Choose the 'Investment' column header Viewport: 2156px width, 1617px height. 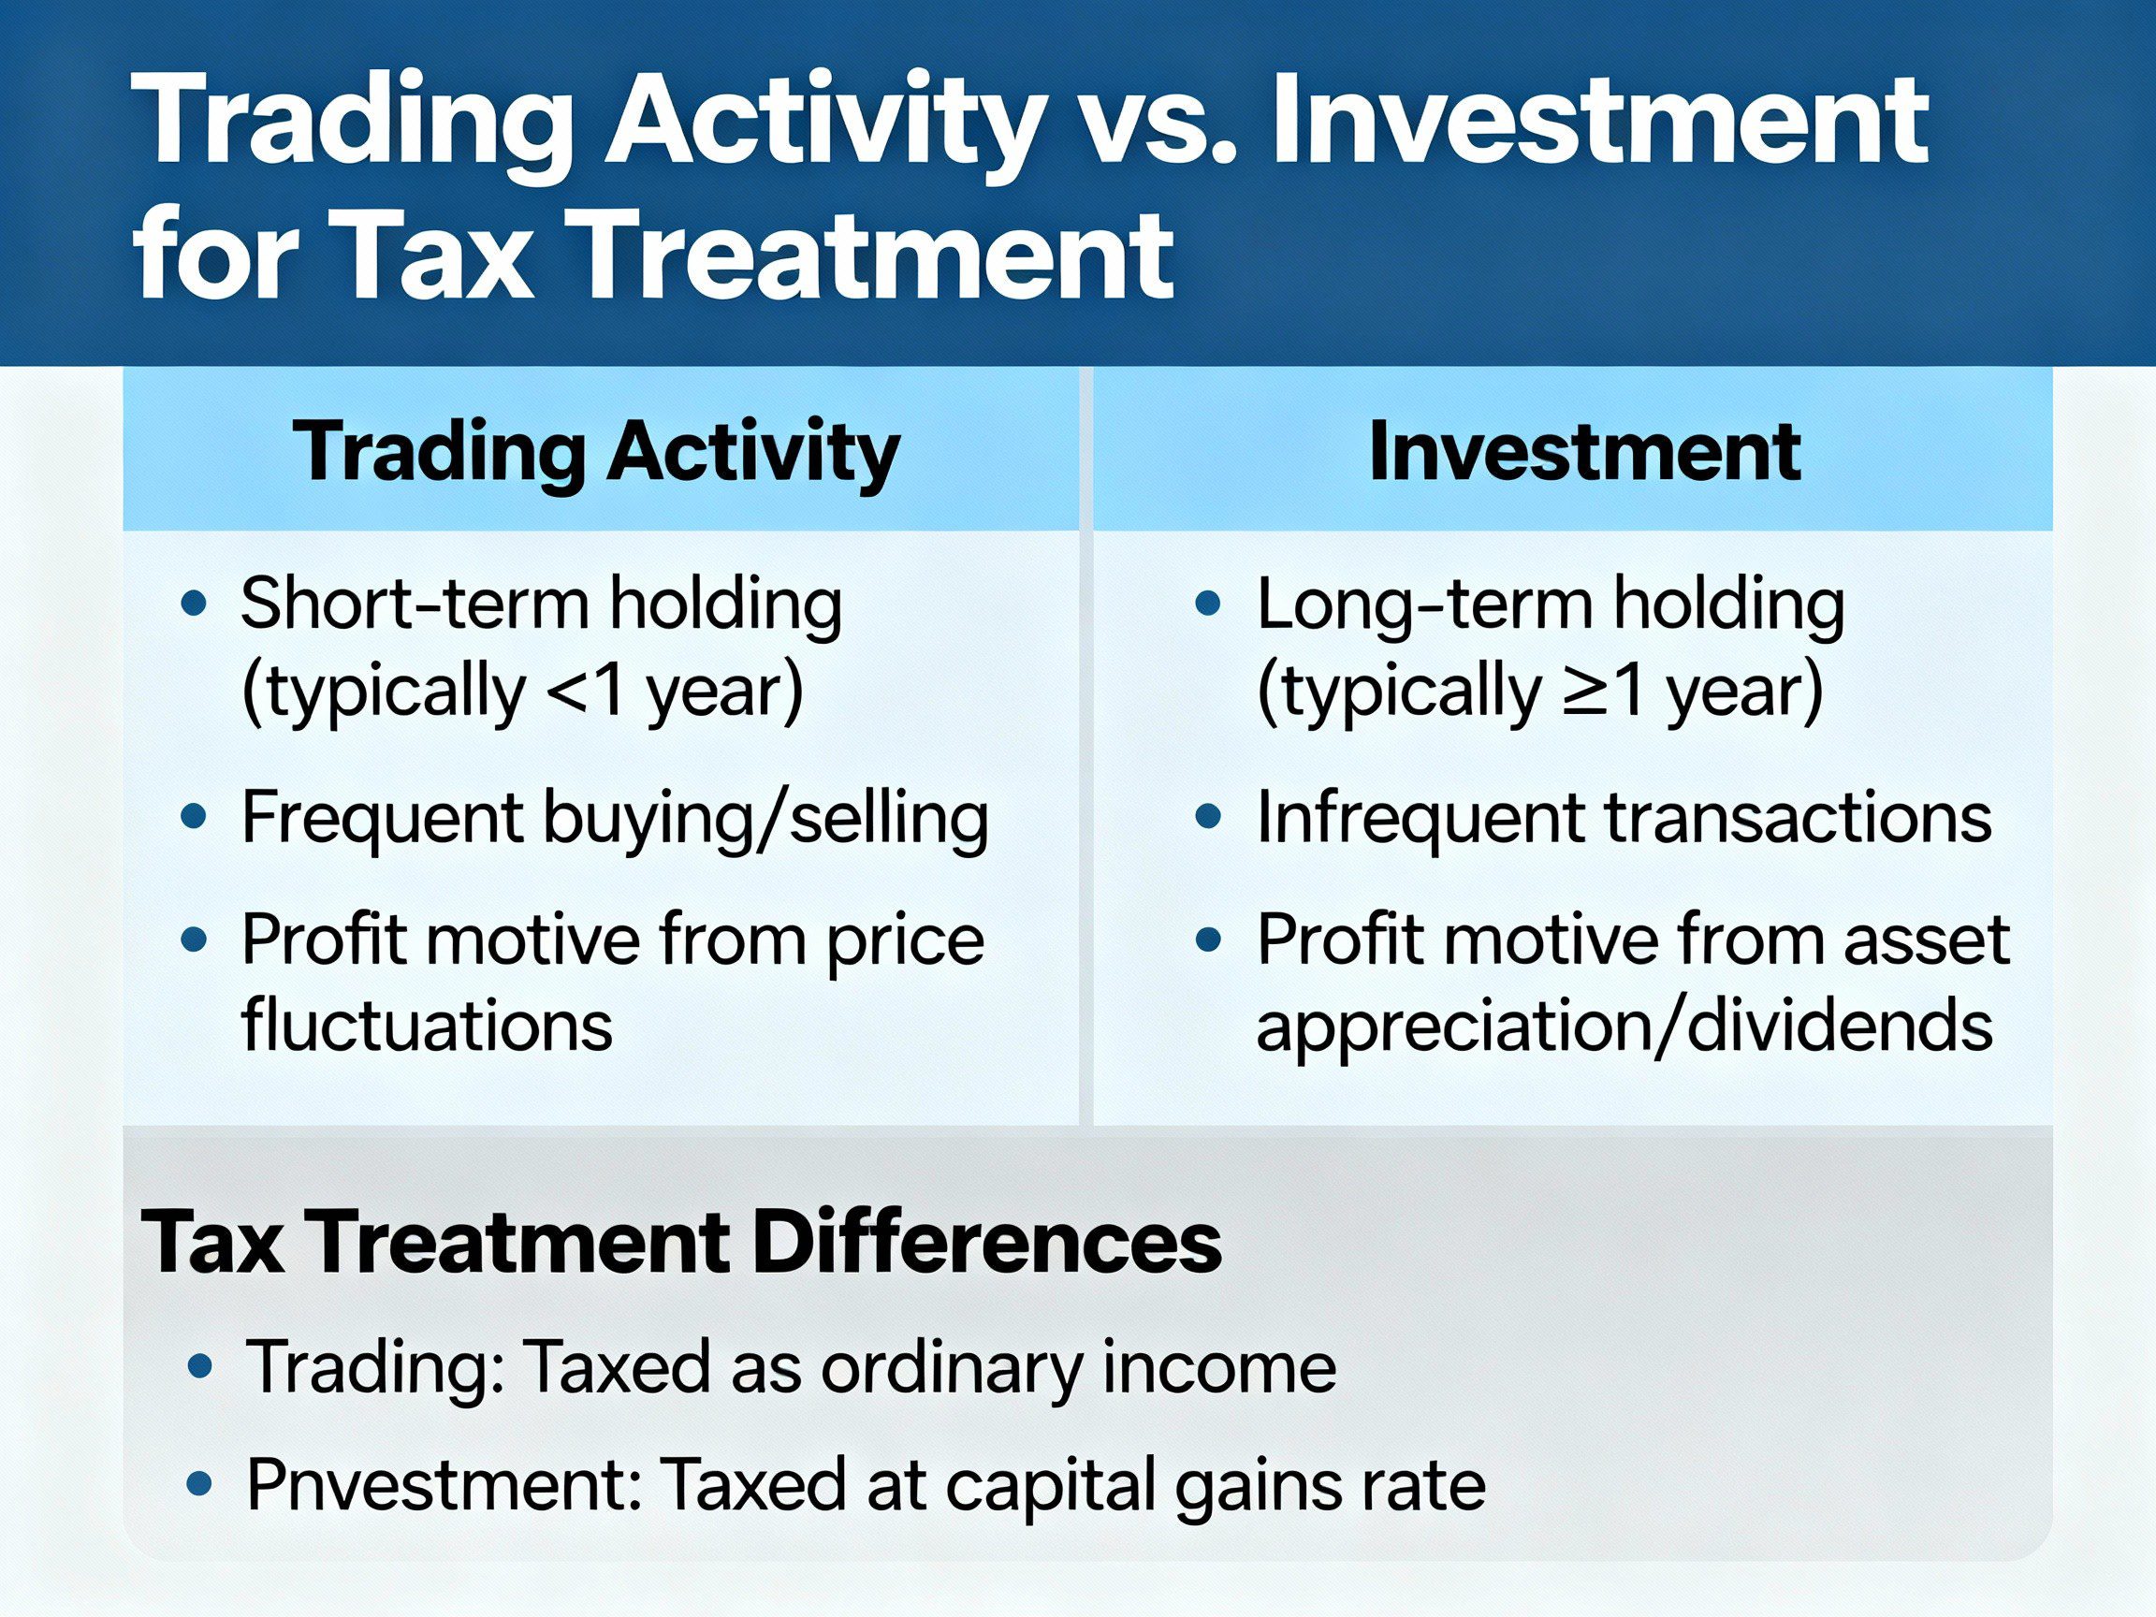pyautogui.click(x=1584, y=450)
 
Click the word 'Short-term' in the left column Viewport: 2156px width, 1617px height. pyautogui.click(x=415, y=605)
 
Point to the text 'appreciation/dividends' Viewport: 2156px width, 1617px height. pyautogui.click(x=1624, y=1026)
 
